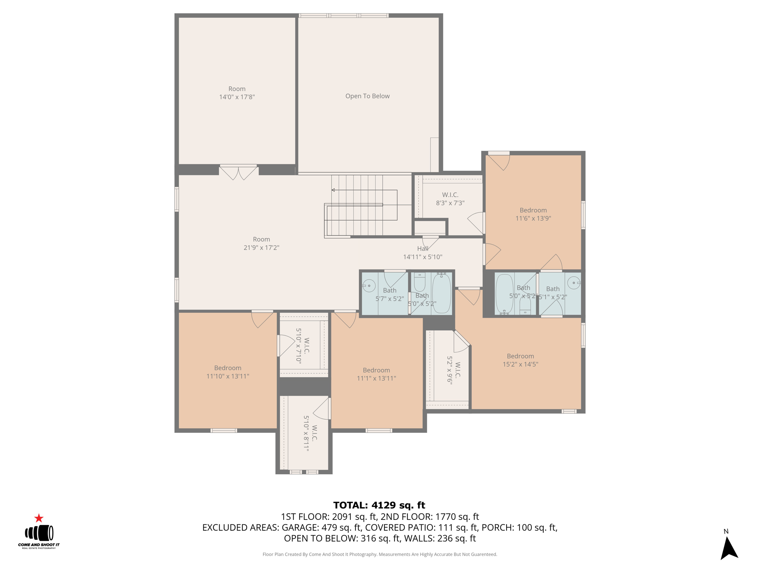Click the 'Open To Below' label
click(367, 96)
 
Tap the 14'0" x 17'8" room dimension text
click(237, 97)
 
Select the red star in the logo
click(39, 518)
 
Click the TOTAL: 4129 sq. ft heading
click(379, 505)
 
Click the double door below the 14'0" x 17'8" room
click(238, 172)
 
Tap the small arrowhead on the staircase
click(333, 190)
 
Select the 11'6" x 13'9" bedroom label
click(533, 214)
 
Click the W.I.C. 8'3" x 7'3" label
click(450, 199)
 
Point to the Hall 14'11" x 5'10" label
click(423, 253)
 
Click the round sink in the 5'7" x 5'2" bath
click(368, 286)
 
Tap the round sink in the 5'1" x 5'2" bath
click(574, 283)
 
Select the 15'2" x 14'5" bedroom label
click(520, 360)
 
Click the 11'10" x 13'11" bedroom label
click(227, 372)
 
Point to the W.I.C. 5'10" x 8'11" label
click(310, 433)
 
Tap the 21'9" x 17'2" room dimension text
click(261, 248)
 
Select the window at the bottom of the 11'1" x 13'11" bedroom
click(379, 430)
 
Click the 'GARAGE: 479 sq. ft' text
click(321, 527)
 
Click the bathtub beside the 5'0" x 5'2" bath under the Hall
click(442, 293)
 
